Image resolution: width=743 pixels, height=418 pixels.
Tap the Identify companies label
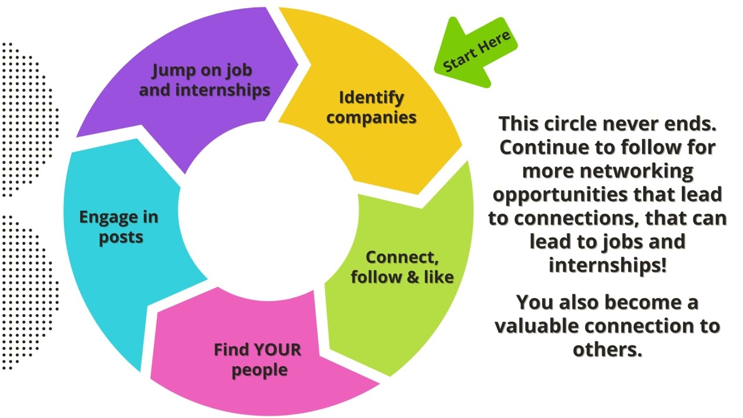click(371, 107)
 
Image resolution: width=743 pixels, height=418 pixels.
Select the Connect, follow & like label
click(402, 267)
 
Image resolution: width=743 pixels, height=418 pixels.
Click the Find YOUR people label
click(258, 359)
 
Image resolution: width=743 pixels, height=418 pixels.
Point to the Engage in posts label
click(119, 227)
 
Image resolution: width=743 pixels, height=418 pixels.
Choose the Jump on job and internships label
click(204, 80)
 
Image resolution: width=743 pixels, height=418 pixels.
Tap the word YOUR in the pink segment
click(278, 349)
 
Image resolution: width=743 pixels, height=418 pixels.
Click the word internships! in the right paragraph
click(607, 265)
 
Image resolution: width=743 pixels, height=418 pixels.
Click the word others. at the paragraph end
click(607, 349)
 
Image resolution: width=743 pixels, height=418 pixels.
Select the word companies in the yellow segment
click(371, 117)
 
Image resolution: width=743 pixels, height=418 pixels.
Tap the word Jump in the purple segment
click(172, 70)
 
